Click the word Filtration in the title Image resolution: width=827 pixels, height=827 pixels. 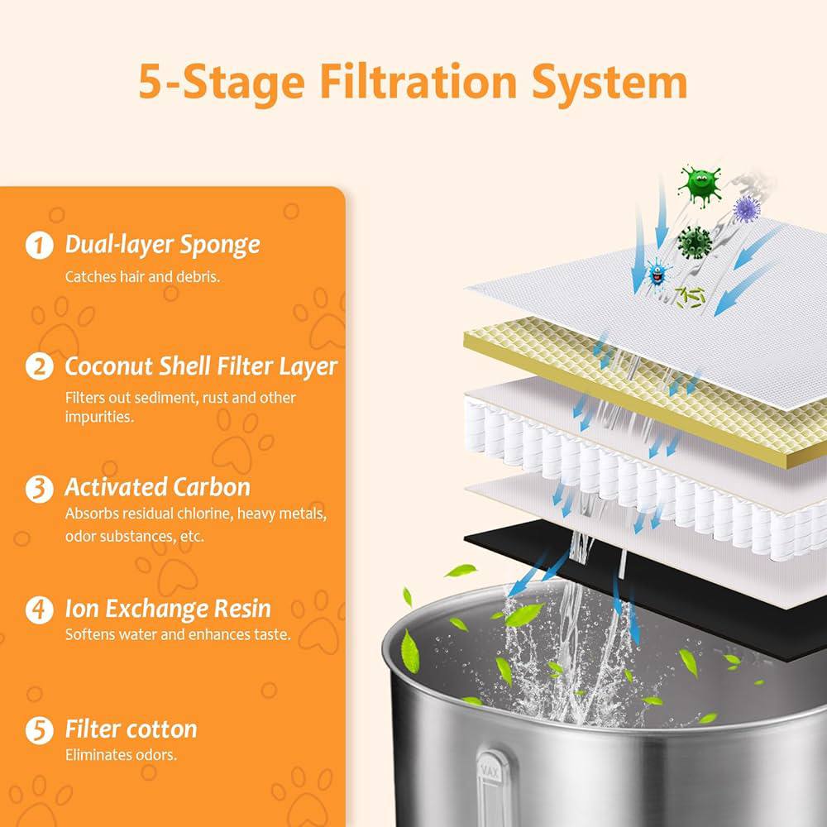[x=418, y=82]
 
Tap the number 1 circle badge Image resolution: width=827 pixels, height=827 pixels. [x=40, y=246]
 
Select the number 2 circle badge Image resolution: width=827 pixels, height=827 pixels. [x=40, y=366]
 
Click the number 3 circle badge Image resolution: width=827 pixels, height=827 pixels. [x=40, y=489]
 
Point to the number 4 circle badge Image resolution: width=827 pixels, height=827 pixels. [x=40, y=609]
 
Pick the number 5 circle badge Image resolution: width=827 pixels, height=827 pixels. [x=40, y=730]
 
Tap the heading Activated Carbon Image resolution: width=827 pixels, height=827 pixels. [x=157, y=487]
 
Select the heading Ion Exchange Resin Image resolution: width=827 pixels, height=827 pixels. [x=168, y=609]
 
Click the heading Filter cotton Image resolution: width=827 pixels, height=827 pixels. [x=131, y=729]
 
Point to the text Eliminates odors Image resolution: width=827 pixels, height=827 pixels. [x=121, y=755]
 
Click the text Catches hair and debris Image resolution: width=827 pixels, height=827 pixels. [x=142, y=277]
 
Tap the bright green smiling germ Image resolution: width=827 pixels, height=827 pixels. [x=700, y=185]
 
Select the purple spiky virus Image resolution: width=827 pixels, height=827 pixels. [x=746, y=209]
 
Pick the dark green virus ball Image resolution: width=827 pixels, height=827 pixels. [x=695, y=242]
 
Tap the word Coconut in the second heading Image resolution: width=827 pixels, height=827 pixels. [x=108, y=366]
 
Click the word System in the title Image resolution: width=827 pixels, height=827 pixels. [x=609, y=83]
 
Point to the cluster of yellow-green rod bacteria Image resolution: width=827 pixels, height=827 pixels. [x=691, y=296]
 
